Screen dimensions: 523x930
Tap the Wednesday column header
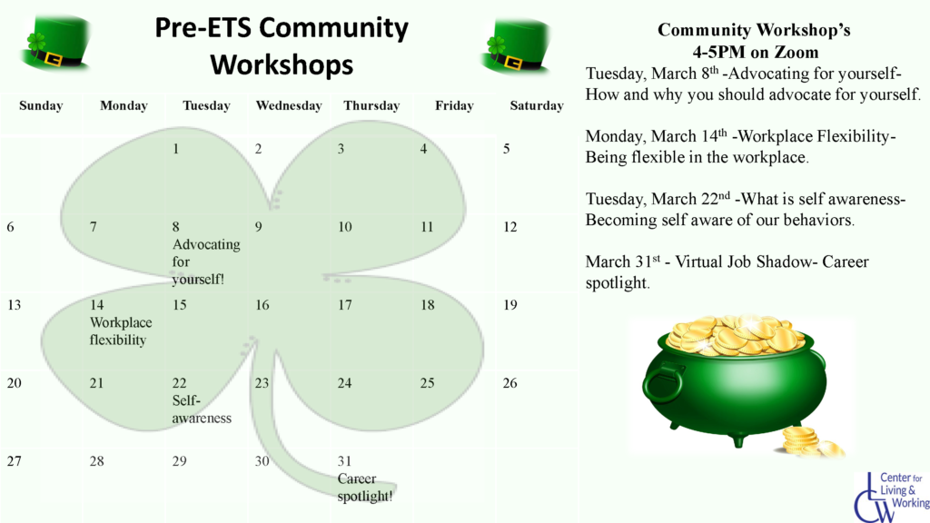tap(289, 105)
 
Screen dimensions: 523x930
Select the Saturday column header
tap(536, 105)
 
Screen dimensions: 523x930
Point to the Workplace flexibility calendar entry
tap(120, 331)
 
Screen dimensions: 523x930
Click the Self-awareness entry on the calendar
tap(201, 410)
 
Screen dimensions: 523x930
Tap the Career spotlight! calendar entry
tap(364, 488)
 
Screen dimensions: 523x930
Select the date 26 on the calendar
tap(510, 383)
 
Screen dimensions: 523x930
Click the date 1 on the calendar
tap(176, 149)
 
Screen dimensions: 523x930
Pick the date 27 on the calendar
tap(14, 461)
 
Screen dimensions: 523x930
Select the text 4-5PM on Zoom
tap(753, 52)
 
